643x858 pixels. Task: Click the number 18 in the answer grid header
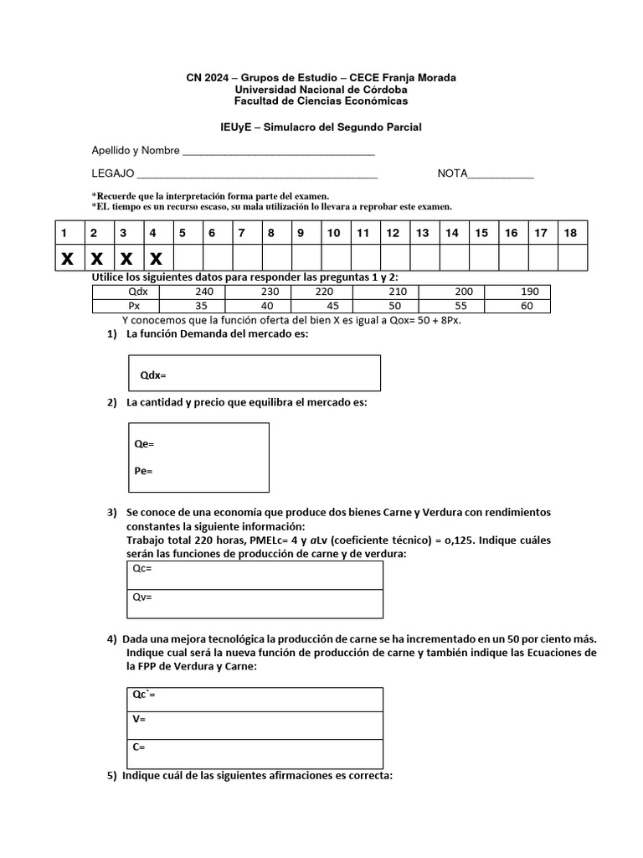pos(570,233)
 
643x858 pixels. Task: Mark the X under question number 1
pos(66,258)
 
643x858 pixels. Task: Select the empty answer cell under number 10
pos(333,258)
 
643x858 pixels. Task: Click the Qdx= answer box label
pos(153,375)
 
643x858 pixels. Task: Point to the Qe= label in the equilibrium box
pos(144,443)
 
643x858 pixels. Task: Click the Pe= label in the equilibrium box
pos(143,471)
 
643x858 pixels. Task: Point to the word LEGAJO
pos(113,174)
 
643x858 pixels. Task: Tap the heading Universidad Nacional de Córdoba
pos(321,90)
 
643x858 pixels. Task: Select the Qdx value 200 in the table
pos(464,292)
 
